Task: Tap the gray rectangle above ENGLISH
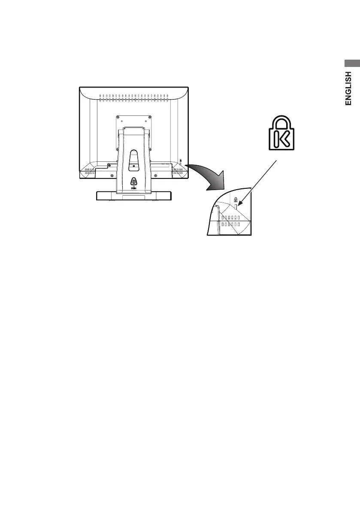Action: pos(351,63)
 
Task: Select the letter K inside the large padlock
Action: pos(281,139)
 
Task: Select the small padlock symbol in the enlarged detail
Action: pos(236,199)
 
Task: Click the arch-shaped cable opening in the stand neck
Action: pos(133,155)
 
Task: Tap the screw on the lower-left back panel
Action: pos(112,175)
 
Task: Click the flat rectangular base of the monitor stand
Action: pos(133,196)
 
